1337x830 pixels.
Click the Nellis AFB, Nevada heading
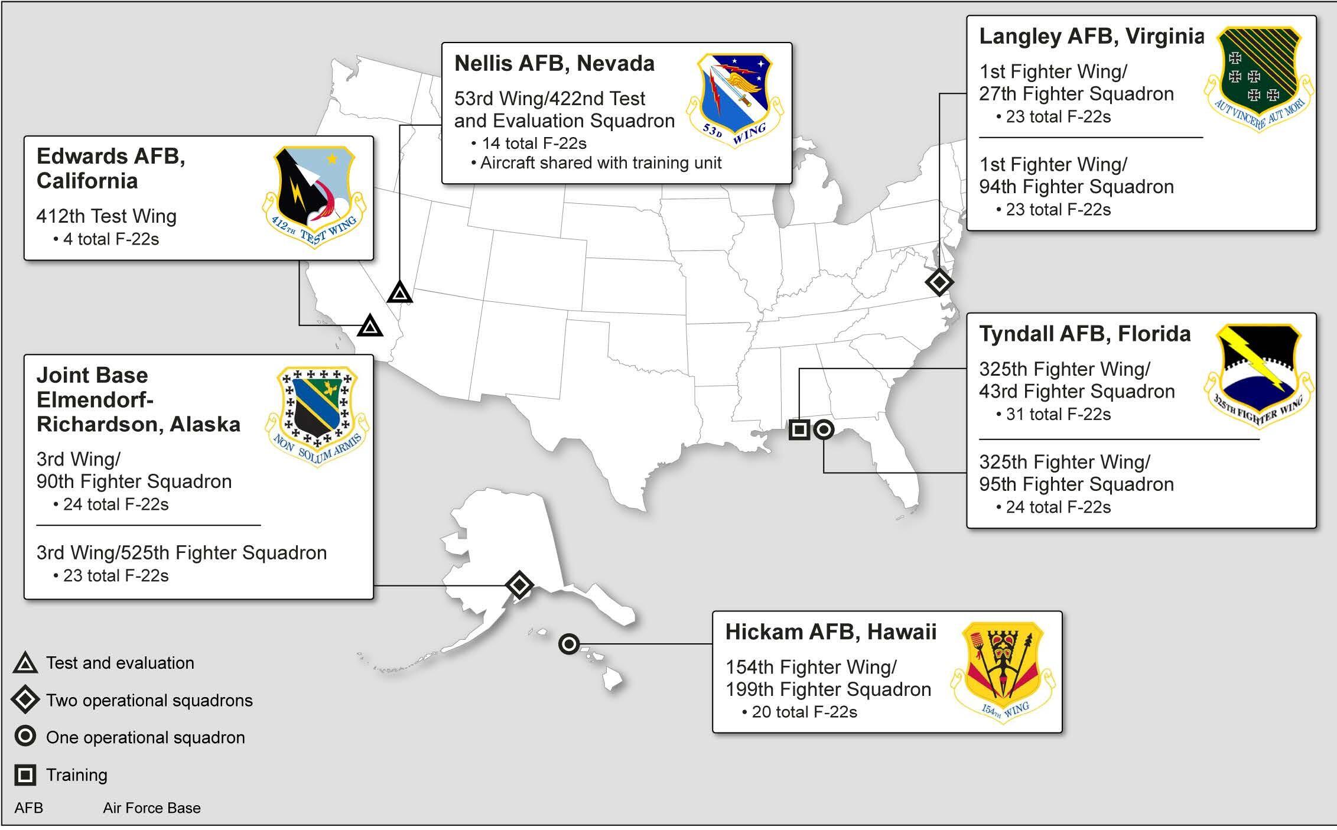point(554,63)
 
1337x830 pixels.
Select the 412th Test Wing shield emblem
point(314,197)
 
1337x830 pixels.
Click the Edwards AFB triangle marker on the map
point(370,326)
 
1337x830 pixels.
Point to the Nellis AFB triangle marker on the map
point(400,291)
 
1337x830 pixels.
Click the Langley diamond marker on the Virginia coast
point(939,282)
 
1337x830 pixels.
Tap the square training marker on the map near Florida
point(799,429)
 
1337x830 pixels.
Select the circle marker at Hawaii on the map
point(569,643)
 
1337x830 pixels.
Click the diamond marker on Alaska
point(519,585)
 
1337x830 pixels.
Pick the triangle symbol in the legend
point(25,663)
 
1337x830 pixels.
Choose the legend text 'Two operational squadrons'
point(149,701)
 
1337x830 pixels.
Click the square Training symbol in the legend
point(25,774)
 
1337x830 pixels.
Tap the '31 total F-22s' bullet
point(1053,414)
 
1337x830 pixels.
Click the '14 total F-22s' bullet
point(529,143)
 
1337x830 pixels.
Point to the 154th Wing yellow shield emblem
point(1003,672)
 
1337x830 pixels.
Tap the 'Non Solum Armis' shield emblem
point(317,417)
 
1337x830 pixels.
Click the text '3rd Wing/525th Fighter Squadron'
point(181,553)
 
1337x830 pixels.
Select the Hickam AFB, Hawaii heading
point(831,632)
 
